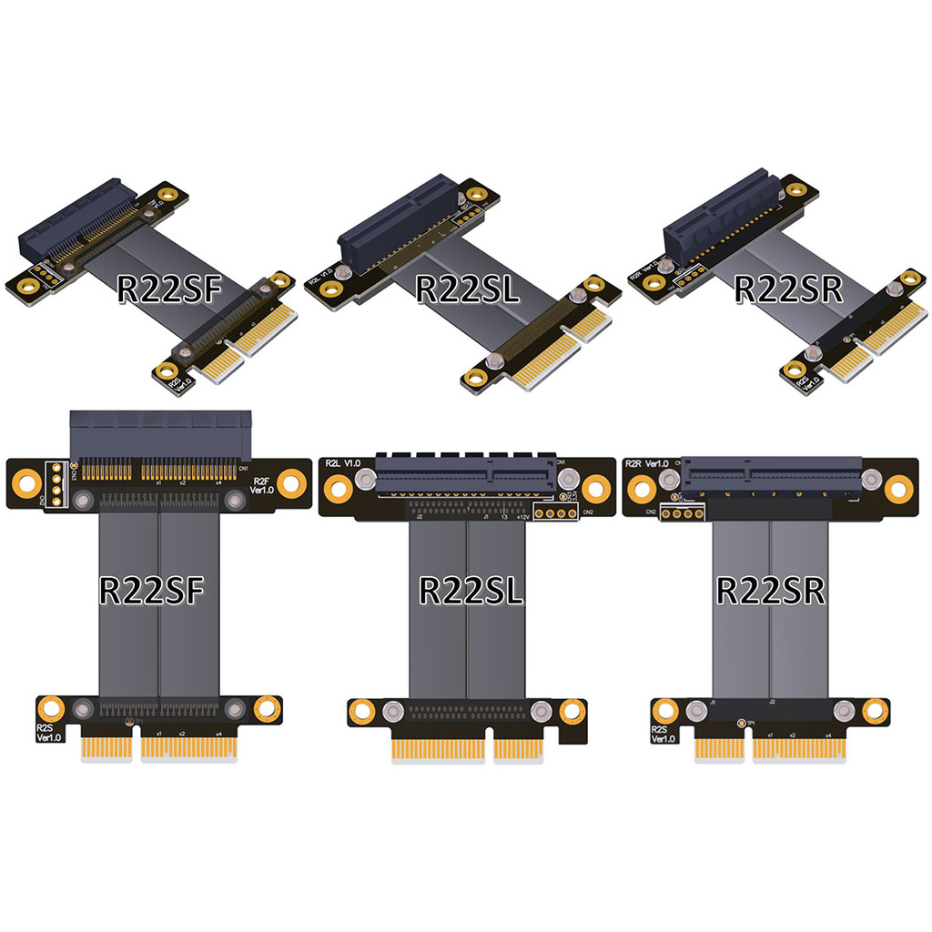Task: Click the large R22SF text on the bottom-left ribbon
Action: point(152,590)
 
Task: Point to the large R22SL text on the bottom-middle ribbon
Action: point(471,590)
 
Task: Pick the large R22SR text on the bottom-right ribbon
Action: point(771,590)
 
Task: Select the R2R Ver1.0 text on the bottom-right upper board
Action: point(647,464)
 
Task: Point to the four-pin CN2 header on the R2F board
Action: point(56,482)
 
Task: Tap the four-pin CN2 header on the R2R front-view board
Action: point(678,514)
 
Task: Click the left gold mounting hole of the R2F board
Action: point(27,482)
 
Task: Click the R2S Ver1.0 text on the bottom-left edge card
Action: point(48,733)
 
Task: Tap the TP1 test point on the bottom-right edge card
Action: point(743,724)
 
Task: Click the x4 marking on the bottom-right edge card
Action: point(827,734)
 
